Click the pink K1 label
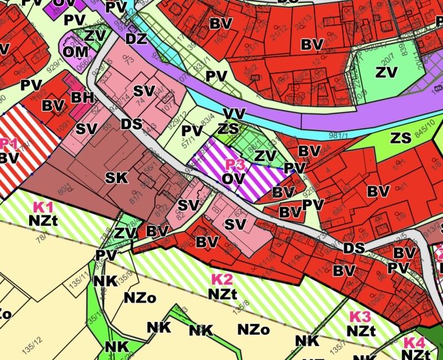[x=43, y=208]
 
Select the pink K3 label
[x=360, y=317]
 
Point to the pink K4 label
[x=414, y=343]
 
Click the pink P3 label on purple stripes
[x=234, y=165]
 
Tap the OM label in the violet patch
[x=76, y=50]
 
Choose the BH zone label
[x=83, y=97]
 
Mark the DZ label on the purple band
[x=136, y=39]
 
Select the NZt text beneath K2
[x=221, y=294]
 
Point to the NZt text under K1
[x=43, y=220]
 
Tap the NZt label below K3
[x=362, y=330]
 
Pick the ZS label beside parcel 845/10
[x=401, y=137]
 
